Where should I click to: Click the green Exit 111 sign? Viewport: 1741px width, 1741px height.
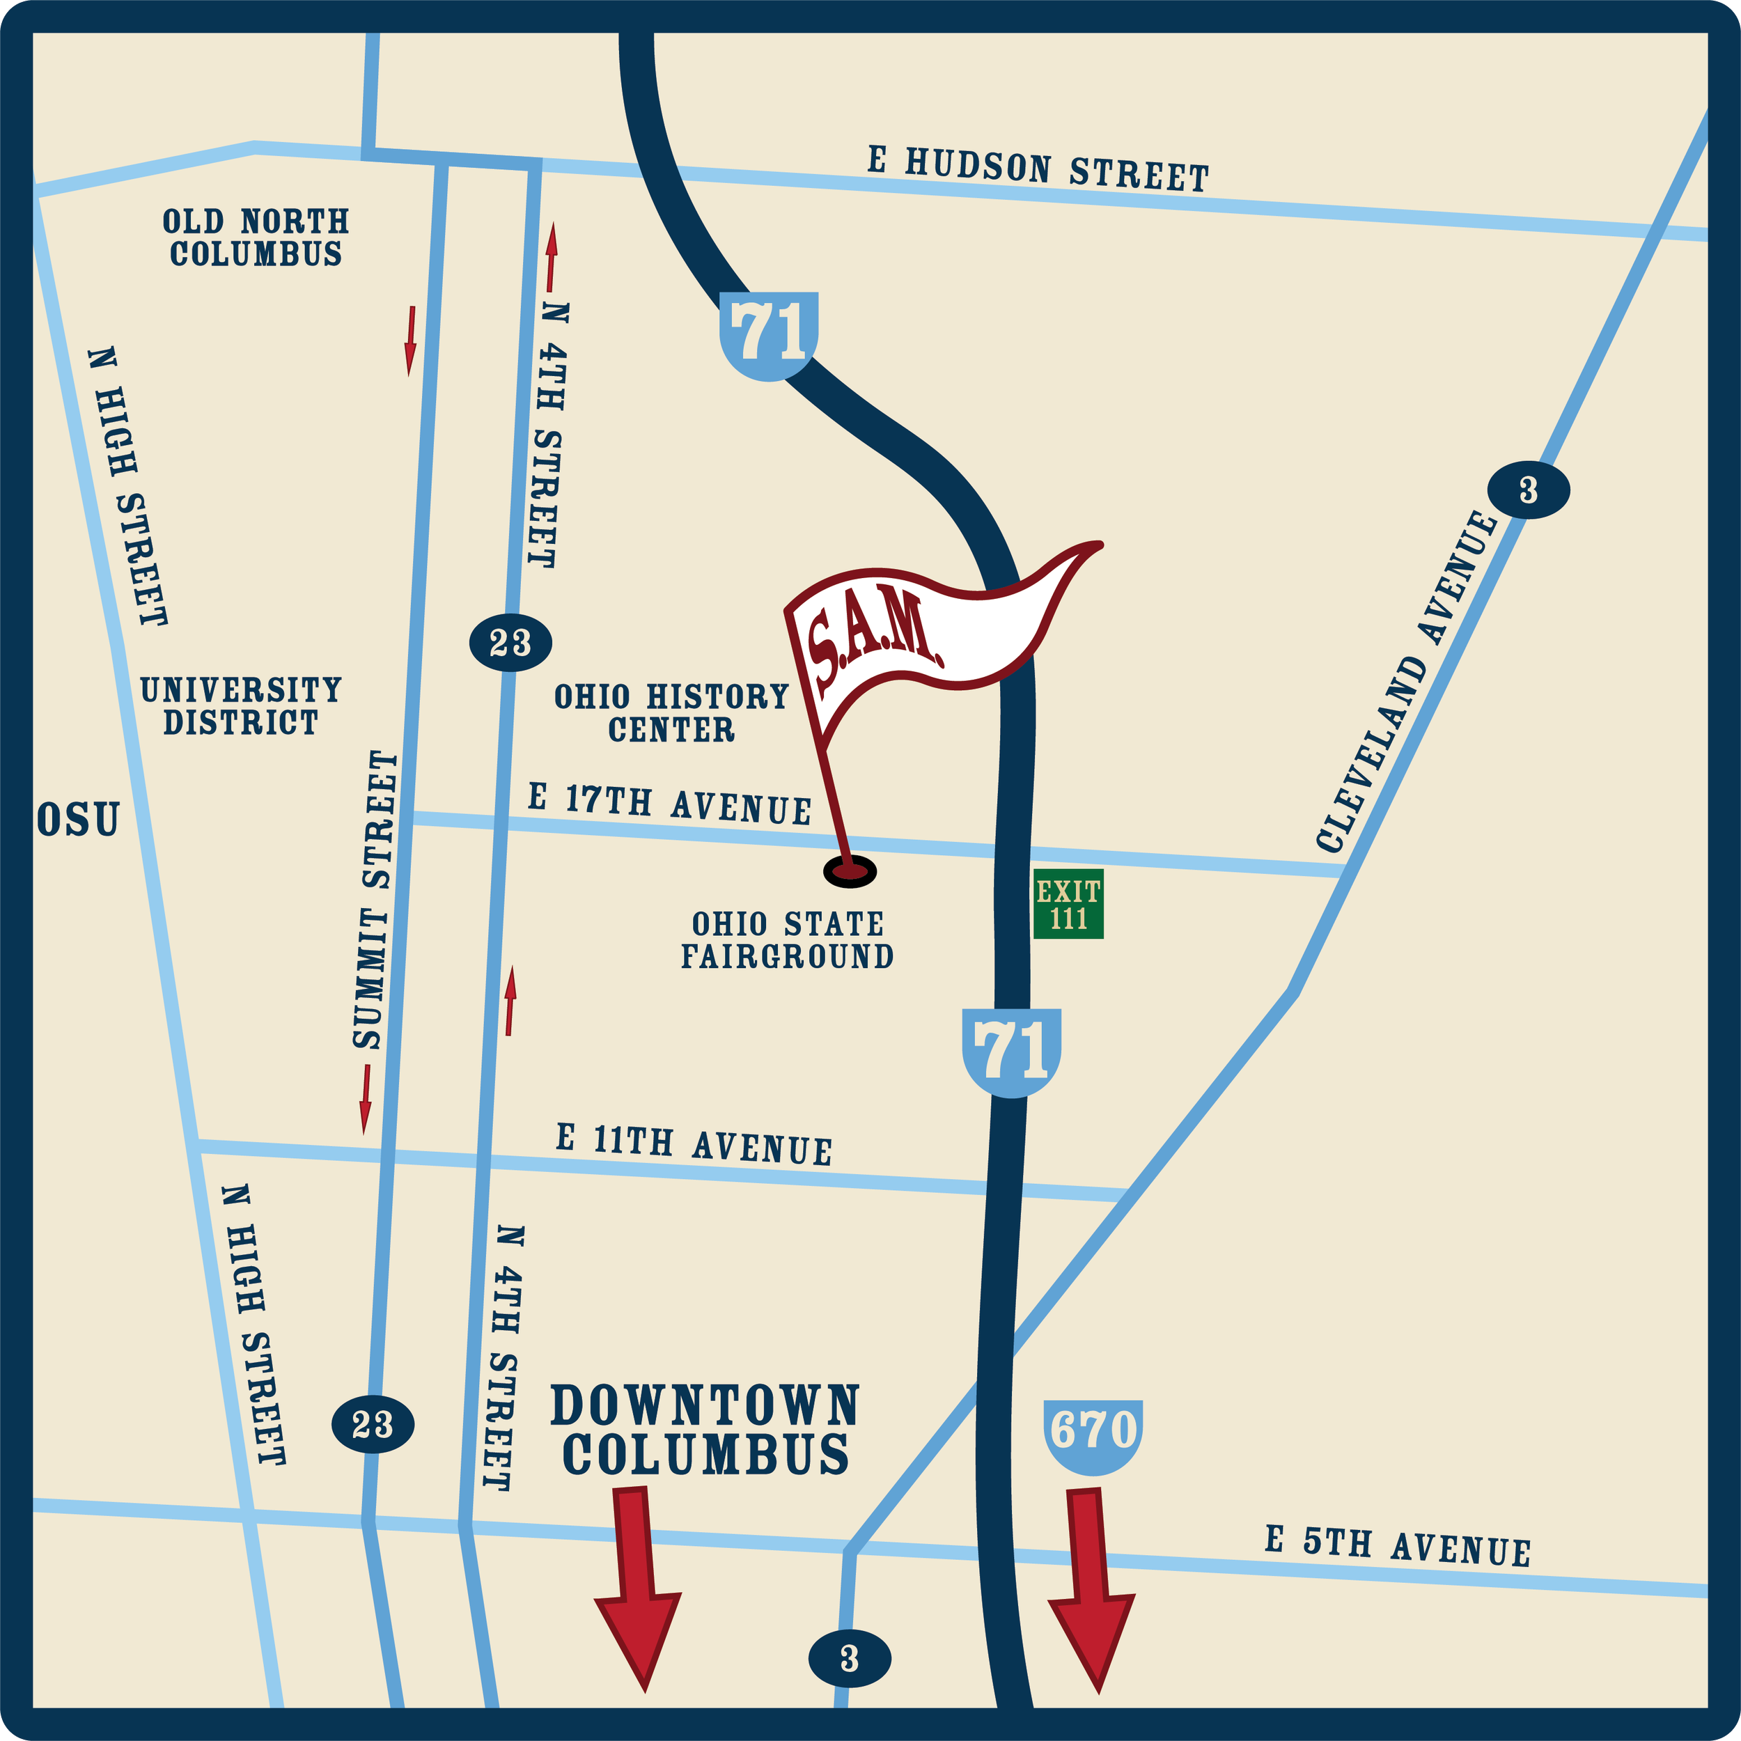(1068, 904)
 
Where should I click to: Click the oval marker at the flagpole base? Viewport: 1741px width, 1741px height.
(849, 871)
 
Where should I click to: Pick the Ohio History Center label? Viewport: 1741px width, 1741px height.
(671, 713)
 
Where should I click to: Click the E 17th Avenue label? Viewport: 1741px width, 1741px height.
(669, 804)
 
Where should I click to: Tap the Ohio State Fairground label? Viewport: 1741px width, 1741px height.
(787, 940)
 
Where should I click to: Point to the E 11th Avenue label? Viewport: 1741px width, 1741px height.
(694, 1144)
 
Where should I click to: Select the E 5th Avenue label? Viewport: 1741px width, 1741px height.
(1398, 1546)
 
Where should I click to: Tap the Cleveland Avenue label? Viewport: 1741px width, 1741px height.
(1406, 681)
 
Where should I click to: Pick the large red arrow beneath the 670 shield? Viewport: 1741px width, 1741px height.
(1091, 1586)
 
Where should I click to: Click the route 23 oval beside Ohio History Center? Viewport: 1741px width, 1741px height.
(510, 643)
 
